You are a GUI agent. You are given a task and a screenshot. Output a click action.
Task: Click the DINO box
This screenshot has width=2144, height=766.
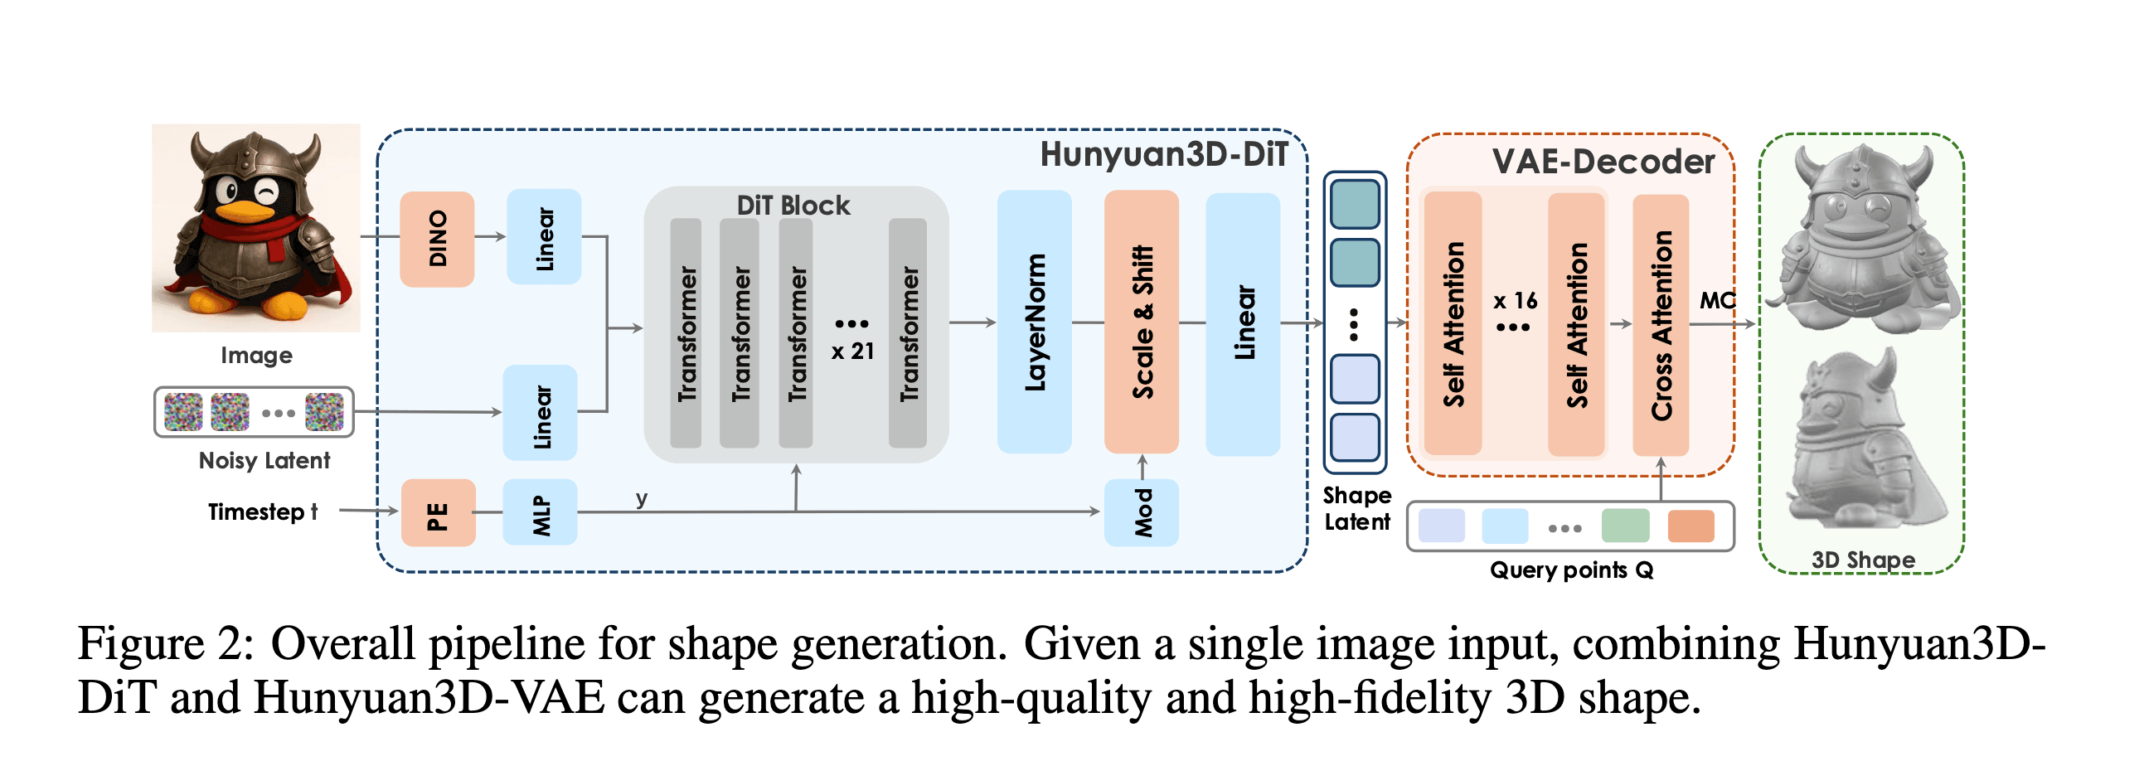[x=437, y=239]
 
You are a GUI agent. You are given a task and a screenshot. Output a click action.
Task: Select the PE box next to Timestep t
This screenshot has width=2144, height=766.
[x=438, y=513]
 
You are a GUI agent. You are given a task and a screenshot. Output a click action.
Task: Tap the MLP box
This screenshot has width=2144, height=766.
[x=541, y=513]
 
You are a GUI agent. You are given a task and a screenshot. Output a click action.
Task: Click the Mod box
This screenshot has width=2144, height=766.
[x=1141, y=513]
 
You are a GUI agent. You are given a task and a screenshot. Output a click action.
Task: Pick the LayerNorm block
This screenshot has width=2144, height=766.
[x=1035, y=322]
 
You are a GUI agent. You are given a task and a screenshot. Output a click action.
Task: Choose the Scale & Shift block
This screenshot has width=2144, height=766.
[x=1141, y=322]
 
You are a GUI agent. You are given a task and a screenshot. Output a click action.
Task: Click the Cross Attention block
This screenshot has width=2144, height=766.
[x=1661, y=326]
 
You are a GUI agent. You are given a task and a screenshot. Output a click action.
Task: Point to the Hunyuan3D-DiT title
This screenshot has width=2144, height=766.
[x=1163, y=155]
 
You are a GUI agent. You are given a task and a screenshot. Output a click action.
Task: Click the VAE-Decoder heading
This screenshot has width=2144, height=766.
[x=1603, y=162]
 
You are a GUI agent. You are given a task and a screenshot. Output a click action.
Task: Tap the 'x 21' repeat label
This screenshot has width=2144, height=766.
[x=852, y=351]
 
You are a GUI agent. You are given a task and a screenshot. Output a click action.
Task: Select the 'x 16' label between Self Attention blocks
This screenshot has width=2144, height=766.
[x=1515, y=301]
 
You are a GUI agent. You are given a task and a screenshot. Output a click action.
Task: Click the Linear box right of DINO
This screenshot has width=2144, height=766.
[x=545, y=237]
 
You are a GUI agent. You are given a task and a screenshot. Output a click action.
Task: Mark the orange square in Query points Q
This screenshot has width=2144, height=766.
[x=1690, y=526]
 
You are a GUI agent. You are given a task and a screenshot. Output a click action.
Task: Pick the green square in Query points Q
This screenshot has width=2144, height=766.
[x=1625, y=526]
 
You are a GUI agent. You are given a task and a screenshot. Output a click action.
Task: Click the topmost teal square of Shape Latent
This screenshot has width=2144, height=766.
[x=1355, y=205]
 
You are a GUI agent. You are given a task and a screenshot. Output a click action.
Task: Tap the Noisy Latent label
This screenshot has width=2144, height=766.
[x=264, y=460]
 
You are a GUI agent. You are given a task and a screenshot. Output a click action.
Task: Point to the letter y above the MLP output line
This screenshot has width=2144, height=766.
[x=641, y=498]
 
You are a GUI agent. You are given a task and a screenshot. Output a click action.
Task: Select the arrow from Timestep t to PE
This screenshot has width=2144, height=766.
[x=368, y=511]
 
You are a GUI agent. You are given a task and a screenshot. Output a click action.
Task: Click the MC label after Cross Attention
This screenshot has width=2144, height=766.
[x=1716, y=301]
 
